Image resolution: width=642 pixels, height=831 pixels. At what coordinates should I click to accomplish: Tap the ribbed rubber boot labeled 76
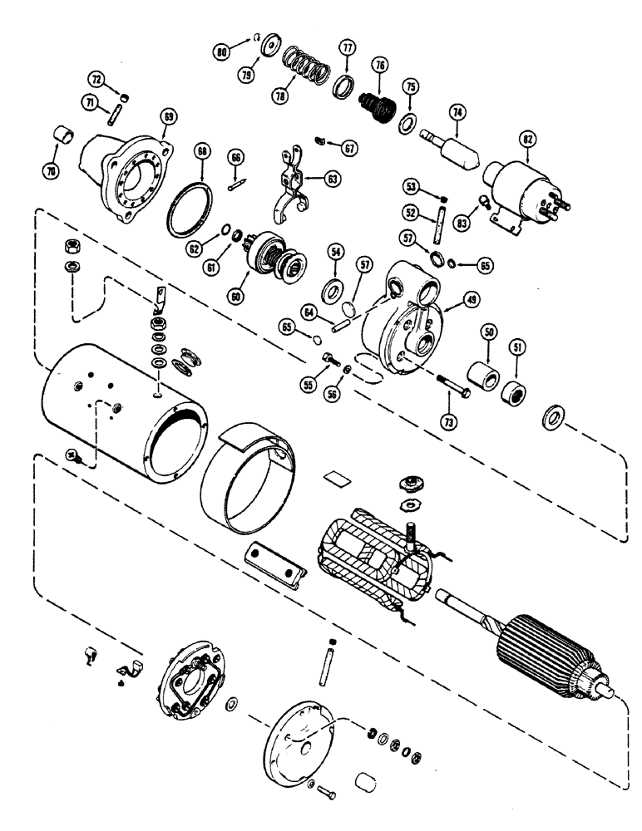click(375, 111)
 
